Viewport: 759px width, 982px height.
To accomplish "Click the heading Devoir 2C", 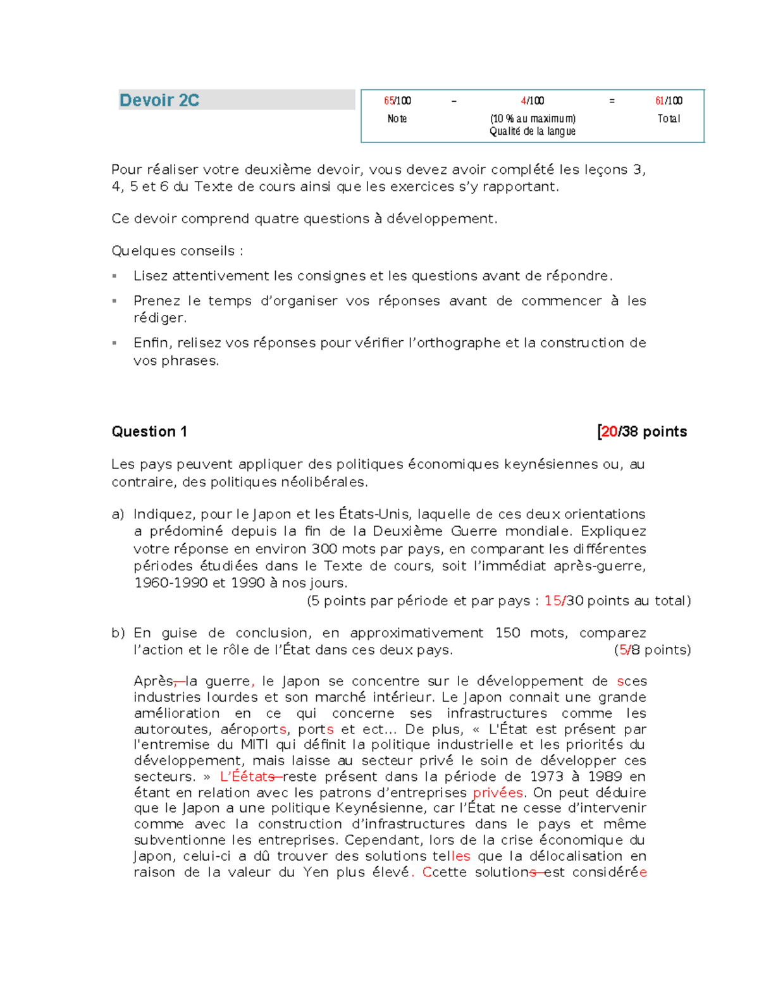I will click(x=159, y=101).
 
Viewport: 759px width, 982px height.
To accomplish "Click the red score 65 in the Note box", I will click(x=388, y=101).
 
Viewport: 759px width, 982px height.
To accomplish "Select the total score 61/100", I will click(x=669, y=101).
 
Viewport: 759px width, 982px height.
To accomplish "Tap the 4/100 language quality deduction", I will click(x=532, y=101).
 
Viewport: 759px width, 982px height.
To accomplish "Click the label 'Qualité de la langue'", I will click(x=532, y=132).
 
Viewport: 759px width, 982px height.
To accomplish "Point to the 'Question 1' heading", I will click(x=149, y=432).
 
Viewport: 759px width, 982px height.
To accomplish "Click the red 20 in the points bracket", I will click(x=609, y=432).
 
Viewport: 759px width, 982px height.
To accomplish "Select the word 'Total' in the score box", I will click(x=669, y=118).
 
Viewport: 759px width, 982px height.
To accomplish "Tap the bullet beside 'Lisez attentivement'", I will click(x=114, y=276).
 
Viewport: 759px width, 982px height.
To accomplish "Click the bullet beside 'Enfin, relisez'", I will click(x=114, y=343).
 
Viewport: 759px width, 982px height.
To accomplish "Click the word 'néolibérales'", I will click(x=326, y=482).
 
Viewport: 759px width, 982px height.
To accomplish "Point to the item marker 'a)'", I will click(x=118, y=514).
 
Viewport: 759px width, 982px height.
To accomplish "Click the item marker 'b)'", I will click(x=118, y=633).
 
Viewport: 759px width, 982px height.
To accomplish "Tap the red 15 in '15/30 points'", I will click(x=552, y=601).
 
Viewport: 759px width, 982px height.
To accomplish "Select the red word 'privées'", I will click(x=498, y=793).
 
